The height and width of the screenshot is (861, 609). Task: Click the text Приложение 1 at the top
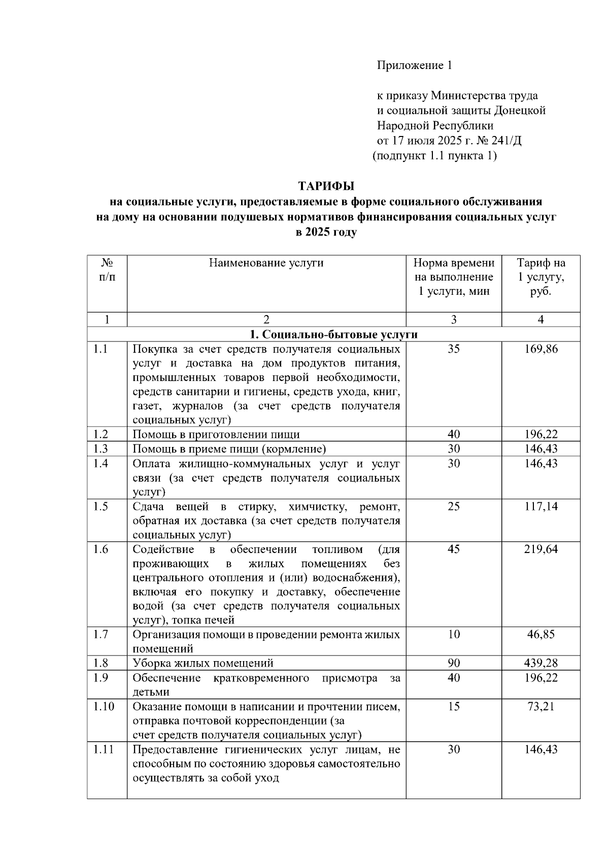click(x=414, y=65)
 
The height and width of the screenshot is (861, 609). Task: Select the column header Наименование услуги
click(x=266, y=263)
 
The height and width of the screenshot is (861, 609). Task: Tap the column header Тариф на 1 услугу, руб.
click(x=540, y=277)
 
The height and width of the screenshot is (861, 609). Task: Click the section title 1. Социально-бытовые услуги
click(x=333, y=334)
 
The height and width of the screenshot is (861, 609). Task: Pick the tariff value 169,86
click(x=540, y=349)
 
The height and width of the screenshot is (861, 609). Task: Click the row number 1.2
click(x=101, y=434)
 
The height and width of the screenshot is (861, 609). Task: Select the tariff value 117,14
click(x=540, y=506)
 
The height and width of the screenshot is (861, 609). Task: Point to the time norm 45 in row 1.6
click(x=454, y=549)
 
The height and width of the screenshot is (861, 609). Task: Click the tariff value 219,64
click(x=540, y=549)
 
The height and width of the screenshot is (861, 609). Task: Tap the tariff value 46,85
click(x=540, y=634)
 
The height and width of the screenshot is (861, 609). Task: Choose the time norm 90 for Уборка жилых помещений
click(x=454, y=663)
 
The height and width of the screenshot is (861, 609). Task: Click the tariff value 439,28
click(x=540, y=663)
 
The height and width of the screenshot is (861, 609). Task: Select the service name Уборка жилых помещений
click(x=203, y=663)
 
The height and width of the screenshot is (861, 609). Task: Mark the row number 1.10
click(x=104, y=706)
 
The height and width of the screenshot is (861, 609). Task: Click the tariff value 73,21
click(x=540, y=706)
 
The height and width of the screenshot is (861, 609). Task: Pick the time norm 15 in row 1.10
click(x=454, y=706)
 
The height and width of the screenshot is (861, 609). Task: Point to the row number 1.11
click(x=104, y=749)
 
